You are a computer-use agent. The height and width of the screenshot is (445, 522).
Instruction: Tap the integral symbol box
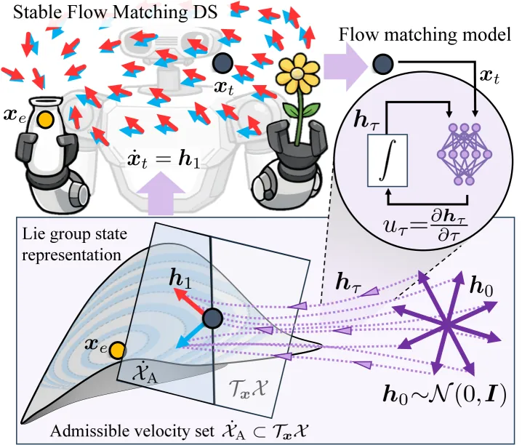[x=388, y=161]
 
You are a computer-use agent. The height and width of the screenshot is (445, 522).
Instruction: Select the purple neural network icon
[x=465, y=154]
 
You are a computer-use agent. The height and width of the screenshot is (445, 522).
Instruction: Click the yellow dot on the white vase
[x=45, y=119]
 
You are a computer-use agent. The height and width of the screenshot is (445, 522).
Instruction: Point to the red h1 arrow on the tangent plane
[x=189, y=301]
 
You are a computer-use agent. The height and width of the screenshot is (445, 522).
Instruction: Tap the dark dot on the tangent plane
[x=212, y=318]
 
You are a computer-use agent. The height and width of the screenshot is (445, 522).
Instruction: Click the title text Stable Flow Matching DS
[x=115, y=12]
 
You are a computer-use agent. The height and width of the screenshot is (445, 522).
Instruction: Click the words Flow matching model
[x=425, y=35]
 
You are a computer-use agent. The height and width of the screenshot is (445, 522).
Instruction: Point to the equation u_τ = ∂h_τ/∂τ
[x=425, y=226]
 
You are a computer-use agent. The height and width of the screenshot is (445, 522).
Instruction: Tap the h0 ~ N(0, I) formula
[x=445, y=395]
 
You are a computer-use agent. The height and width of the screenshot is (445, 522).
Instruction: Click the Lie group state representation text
[x=75, y=244]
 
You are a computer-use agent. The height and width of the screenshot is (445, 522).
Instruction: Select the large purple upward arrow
[x=161, y=193]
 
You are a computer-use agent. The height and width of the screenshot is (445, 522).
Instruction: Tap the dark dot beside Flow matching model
[x=382, y=64]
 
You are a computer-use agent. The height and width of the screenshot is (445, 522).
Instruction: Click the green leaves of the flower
[x=301, y=108]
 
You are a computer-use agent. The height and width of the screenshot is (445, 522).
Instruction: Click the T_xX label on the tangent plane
[x=249, y=388]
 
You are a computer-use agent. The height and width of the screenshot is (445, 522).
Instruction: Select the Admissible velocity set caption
[x=179, y=430]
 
